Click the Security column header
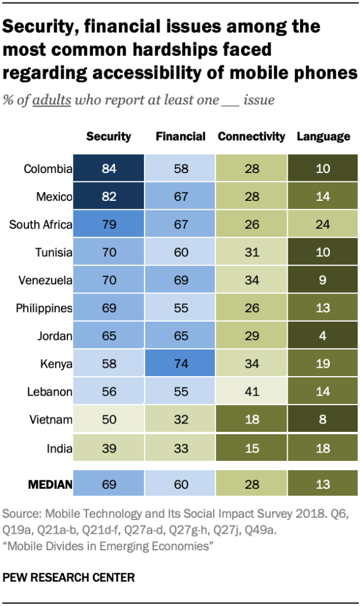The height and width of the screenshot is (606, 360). pos(108,136)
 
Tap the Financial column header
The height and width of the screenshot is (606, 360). pos(181,136)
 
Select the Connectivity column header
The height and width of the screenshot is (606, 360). pos(252,136)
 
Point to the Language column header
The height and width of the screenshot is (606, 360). pos(323,136)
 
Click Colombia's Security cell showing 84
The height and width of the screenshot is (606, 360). pos(108,169)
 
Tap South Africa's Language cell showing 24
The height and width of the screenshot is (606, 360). pos(323,225)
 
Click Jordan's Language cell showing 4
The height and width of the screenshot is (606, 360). pos(323,336)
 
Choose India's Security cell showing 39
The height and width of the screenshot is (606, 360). pos(108,448)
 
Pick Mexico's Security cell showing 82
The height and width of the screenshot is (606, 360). pos(108,197)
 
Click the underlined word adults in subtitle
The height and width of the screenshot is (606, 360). pos(52,100)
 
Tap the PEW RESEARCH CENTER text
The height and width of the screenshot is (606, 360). pos(69,576)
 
